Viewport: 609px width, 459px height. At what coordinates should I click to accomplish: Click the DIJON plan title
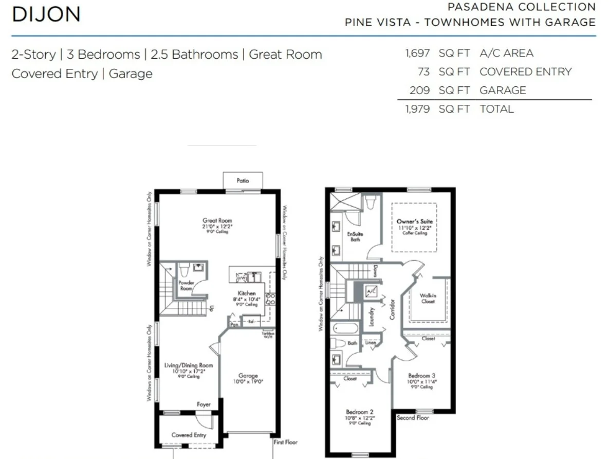tap(46, 14)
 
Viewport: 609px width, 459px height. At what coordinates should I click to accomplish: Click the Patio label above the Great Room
tap(243, 181)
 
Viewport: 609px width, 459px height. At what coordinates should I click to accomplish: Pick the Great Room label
tap(217, 221)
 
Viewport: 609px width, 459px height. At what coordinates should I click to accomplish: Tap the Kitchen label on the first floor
tap(247, 293)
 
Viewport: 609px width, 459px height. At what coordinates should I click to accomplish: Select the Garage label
tap(248, 376)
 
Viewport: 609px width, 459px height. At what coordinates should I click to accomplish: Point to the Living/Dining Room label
tap(188, 365)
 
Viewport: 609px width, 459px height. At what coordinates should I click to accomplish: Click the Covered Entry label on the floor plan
tap(189, 435)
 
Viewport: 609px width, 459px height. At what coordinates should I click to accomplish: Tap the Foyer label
tap(204, 405)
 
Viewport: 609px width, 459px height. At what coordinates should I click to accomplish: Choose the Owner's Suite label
tap(414, 222)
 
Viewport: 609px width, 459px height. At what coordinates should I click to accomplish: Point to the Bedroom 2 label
tap(360, 412)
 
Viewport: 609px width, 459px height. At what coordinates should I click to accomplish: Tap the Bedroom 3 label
tap(422, 376)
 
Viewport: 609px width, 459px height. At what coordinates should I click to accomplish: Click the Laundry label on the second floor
tap(371, 317)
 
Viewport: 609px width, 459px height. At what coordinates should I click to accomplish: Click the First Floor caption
tap(286, 442)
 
